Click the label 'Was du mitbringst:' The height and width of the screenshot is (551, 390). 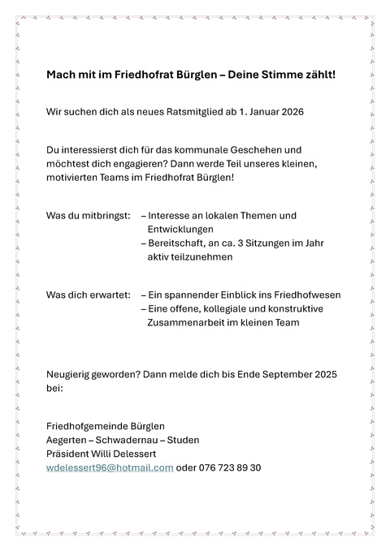[88, 216]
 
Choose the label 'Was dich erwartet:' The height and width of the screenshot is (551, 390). [88, 295]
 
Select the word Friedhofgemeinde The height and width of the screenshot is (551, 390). [85, 426]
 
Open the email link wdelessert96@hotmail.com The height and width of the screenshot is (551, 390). [110, 467]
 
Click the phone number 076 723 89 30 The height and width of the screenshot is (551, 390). [230, 467]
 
